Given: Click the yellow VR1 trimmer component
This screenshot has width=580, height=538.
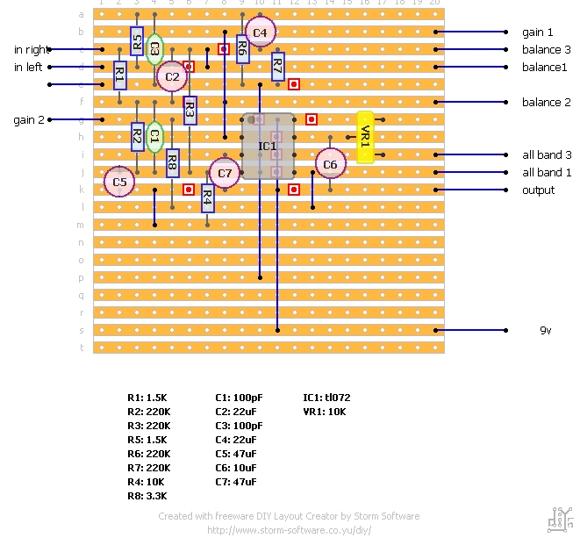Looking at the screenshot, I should point(366,137).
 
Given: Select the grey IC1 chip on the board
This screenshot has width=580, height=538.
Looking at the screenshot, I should point(269,146).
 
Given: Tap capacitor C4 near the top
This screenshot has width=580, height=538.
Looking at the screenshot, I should point(260,32).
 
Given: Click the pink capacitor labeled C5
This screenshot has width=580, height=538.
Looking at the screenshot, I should point(119,183).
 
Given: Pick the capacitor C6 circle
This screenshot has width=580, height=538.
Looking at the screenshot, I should point(330,164).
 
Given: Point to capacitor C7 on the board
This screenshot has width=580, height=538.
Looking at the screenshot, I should point(225,173).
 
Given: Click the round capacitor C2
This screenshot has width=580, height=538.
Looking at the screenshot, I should point(172,76).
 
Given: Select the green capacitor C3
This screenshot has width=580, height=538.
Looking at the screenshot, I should point(154,49).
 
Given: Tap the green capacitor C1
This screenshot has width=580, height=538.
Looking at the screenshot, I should point(154,137).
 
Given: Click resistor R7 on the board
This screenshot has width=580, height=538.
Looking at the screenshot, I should point(277,67).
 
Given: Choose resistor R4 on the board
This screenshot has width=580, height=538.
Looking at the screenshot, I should point(207,198).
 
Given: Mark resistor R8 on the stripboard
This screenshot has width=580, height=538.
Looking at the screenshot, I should point(172,163).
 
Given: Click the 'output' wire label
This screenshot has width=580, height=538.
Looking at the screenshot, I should point(538,190).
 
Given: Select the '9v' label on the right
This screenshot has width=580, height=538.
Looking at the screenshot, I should point(547,331).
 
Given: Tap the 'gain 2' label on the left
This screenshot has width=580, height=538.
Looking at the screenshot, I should point(29,120).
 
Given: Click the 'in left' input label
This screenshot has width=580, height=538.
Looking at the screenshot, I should point(29,67).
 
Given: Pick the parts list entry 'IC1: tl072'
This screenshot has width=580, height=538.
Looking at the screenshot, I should point(326,398).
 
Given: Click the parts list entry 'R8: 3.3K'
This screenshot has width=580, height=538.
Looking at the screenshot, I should point(147,496).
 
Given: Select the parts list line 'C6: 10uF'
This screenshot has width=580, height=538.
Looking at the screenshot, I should point(235,468).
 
